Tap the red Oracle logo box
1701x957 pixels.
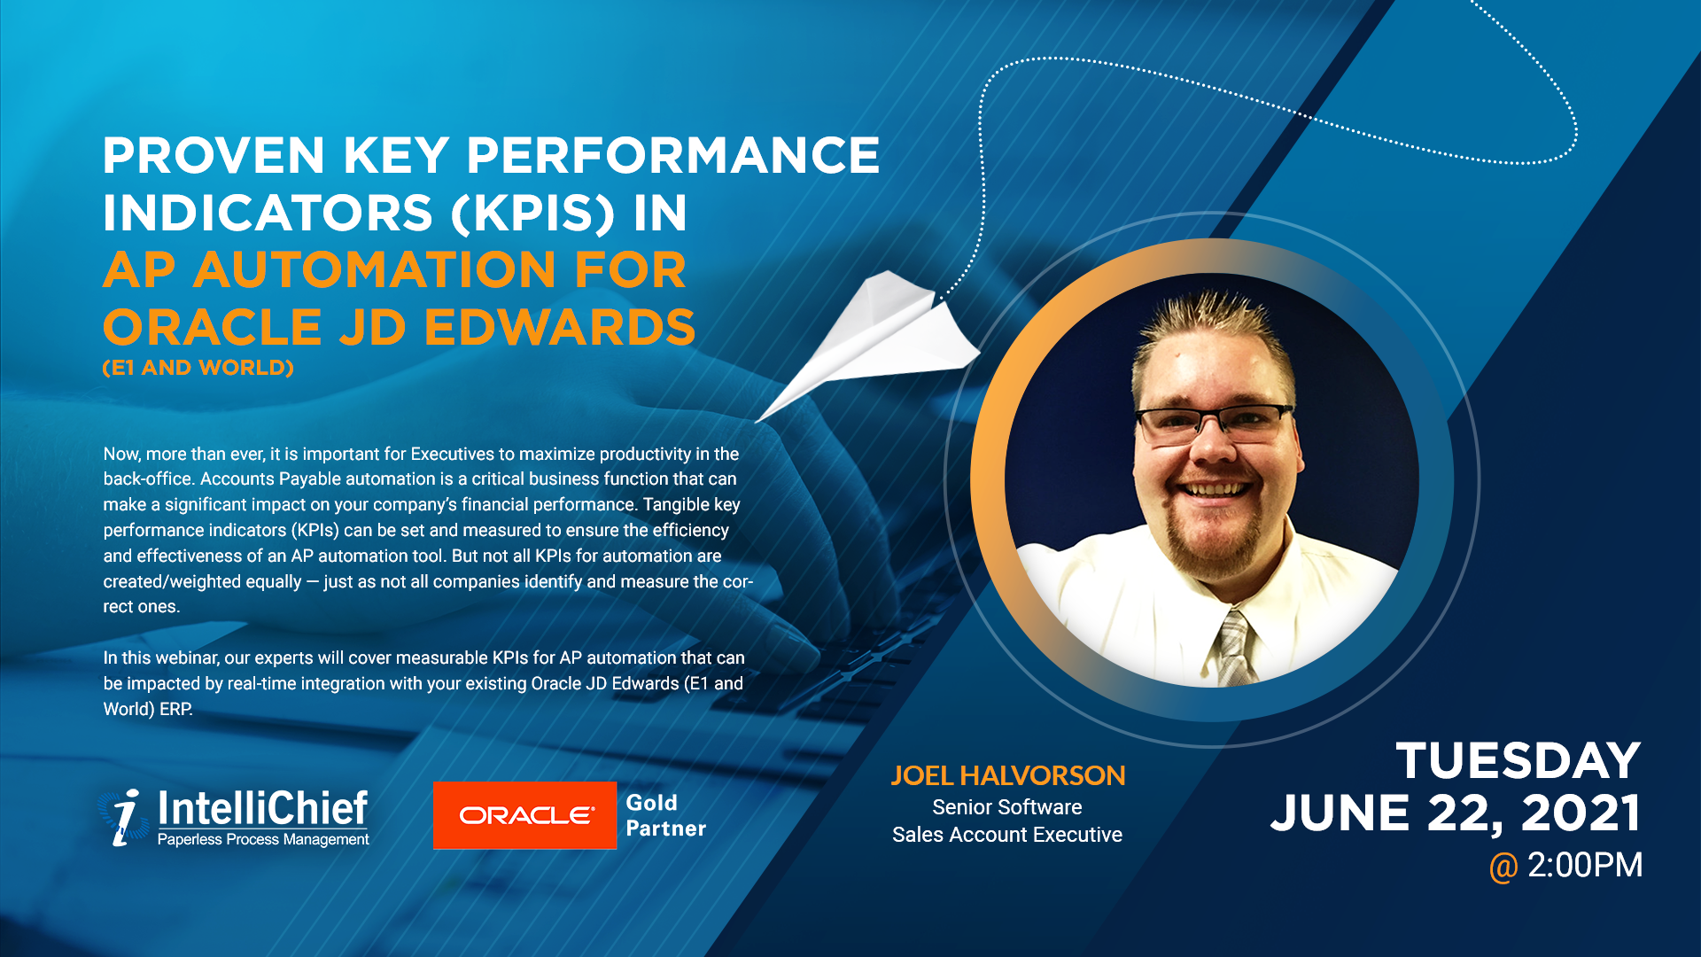pyautogui.click(x=524, y=815)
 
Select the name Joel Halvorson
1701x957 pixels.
pyautogui.click(x=1007, y=775)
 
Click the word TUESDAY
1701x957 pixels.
pyautogui.click(x=1518, y=760)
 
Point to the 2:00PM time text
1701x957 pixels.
pyautogui.click(x=1585, y=865)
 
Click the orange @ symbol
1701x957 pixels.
pyautogui.click(x=1503, y=867)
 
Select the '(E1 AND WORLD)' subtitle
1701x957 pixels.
pyautogui.click(x=198, y=368)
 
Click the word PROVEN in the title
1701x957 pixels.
pyautogui.click(x=214, y=155)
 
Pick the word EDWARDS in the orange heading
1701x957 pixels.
pyautogui.click(x=560, y=327)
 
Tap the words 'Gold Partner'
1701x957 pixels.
pyautogui.click(x=665, y=815)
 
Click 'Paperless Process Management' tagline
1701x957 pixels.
pyautogui.click(x=263, y=839)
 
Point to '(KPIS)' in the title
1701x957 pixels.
pyautogui.click(x=532, y=213)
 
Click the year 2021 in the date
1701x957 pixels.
pyautogui.click(x=1581, y=813)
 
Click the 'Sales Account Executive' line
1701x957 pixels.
pyautogui.click(x=1007, y=835)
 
